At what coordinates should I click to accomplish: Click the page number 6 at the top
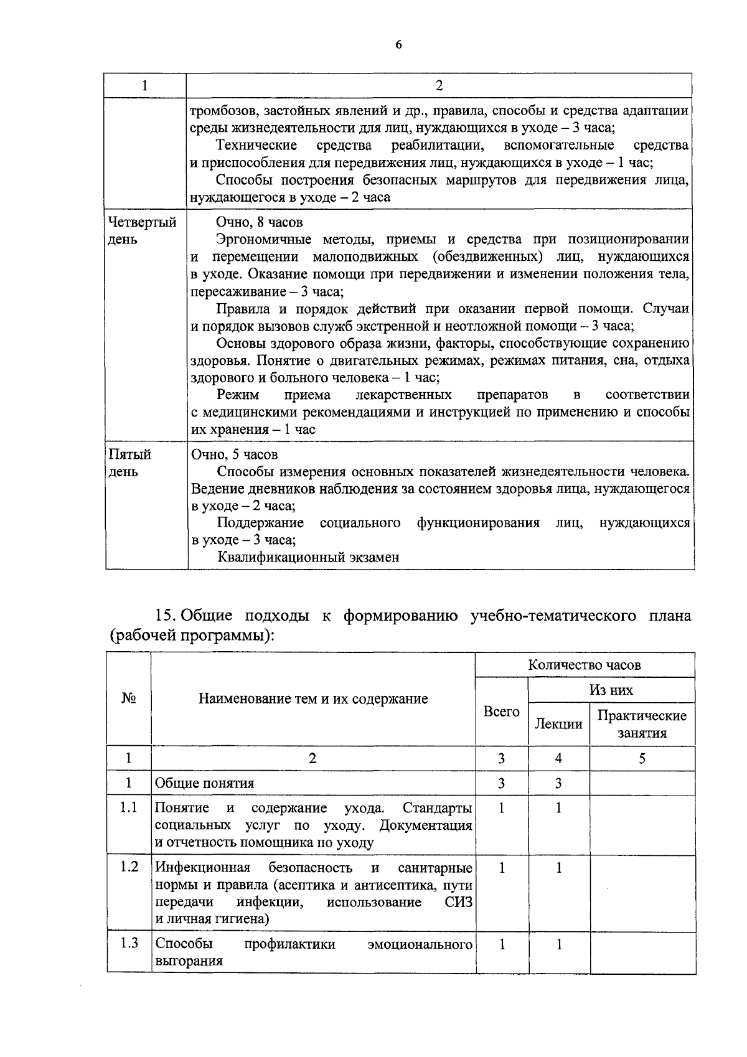click(x=398, y=44)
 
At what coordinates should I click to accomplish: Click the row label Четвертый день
click(x=142, y=230)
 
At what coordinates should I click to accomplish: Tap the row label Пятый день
click(x=130, y=463)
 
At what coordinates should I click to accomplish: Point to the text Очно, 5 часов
click(x=234, y=454)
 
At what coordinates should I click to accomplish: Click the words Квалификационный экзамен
click(x=308, y=557)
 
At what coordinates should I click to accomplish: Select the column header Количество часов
click(x=585, y=665)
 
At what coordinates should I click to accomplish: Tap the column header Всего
click(x=501, y=712)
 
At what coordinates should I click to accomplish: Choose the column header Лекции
click(x=558, y=723)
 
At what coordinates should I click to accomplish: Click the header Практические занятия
click(x=642, y=724)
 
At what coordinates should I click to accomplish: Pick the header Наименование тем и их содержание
click(x=312, y=698)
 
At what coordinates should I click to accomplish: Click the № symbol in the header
click(x=129, y=698)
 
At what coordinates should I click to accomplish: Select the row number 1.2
click(x=129, y=867)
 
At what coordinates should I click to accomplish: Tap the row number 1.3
click(x=129, y=943)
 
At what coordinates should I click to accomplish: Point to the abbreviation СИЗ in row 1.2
click(x=459, y=902)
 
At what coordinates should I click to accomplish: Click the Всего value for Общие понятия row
click(x=501, y=783)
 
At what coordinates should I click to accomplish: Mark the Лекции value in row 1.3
click(x=558, y=944)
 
